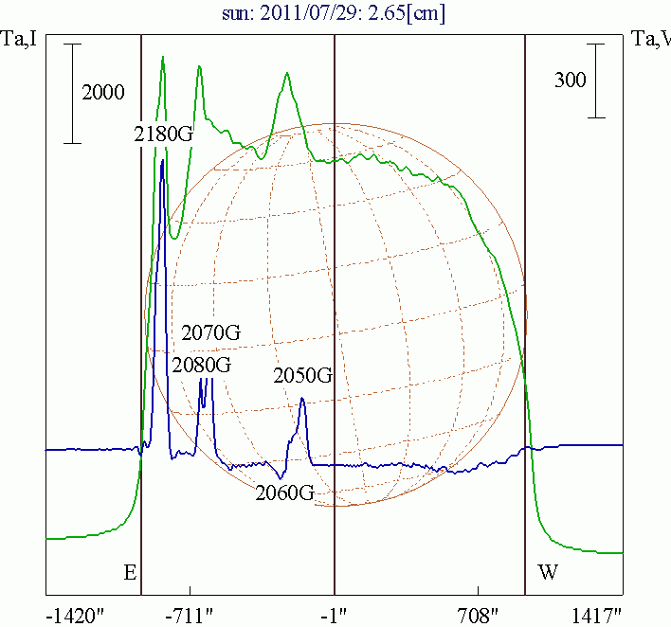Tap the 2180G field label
click(x=164, y=134)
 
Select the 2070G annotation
click(x=211, y=333)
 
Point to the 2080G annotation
click(x=201, y=365)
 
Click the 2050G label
click(x=303, y=376)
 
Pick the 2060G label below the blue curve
click(x=285, y=493)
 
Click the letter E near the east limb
click(x=130, y=573)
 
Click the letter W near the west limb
click(x=548, y=573)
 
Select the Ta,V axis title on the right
click(x=650, y=40)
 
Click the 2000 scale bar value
click(x=103, y=93)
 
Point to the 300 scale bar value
click(x=571, y=81)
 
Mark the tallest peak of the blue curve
click(x=163, y=161)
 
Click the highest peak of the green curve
click(x=163, y=57)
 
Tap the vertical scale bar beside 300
click(x=596, y=81)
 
